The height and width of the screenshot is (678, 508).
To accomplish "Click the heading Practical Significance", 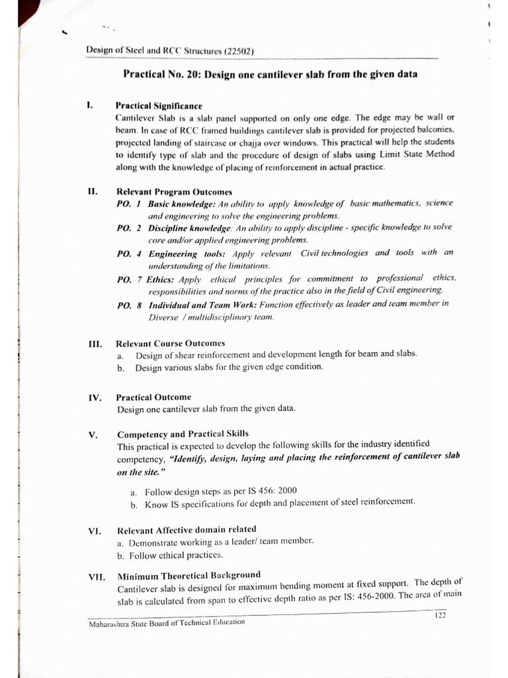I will [159, 105].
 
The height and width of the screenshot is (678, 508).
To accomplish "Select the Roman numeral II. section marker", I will [92, 191].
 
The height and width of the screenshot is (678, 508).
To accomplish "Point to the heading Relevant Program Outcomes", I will [168, 192].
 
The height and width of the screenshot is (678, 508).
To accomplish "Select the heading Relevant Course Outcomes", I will [170, 343].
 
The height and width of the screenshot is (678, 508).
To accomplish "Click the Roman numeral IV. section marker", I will [94, 398].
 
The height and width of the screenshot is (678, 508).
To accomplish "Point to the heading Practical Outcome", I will [153, 397].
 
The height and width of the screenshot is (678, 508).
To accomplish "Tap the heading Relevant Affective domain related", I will [187, 530].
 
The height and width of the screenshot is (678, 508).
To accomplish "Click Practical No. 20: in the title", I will [163, 75].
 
